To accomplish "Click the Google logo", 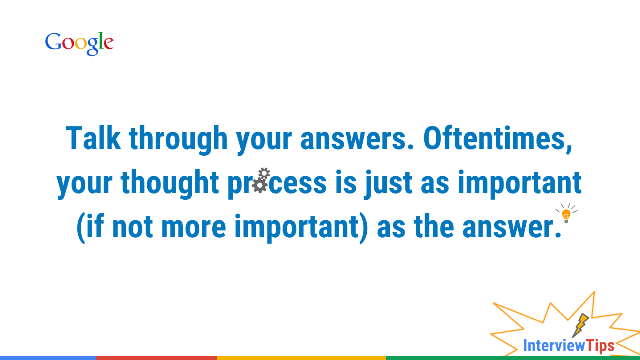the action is [x=79, y=43].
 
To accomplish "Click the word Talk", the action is [x=93, y=138].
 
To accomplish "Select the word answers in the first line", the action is [x=357, y=139].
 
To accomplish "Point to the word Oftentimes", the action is [x=498, y=139].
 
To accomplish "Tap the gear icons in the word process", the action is [x=261, y=180].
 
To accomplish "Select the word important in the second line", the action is [x=520, y=184].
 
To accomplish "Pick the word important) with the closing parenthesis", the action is [x=301, y=228].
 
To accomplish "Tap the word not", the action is [x=132, y=228].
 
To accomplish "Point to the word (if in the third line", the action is [x=90, y=228].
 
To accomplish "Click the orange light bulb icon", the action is [x=566, y=213].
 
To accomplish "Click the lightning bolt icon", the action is [x=580, y=325].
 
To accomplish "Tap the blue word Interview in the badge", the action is [x=554, y=346].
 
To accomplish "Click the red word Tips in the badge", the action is [x=600, y=346].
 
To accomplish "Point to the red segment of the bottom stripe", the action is [x=156, y=358].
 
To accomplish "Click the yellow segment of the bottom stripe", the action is [x=301, y=358].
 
